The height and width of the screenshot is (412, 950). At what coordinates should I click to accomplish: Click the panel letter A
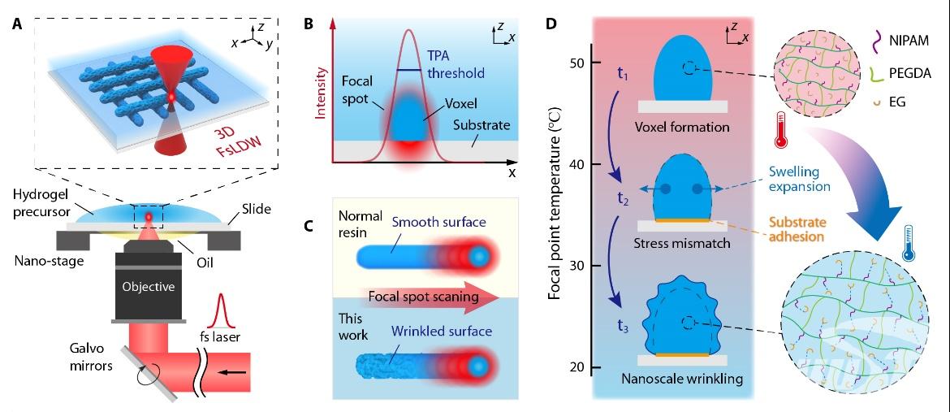pos(17,24)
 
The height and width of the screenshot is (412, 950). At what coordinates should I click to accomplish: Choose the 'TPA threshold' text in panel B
pos(455,65)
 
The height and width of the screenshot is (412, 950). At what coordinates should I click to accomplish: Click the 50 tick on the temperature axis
pos(577,63)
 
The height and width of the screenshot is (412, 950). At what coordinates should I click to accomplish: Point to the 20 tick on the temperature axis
pos(577,367)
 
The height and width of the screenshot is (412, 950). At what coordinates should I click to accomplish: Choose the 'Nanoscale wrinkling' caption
pos(682,378)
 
